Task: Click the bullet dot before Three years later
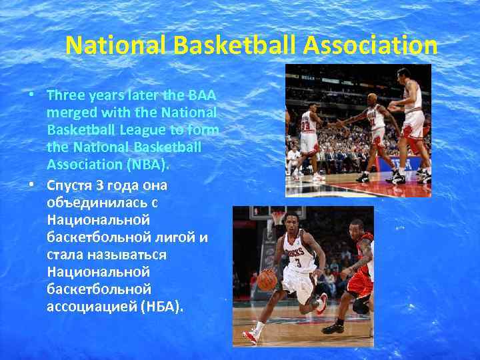tap(31, 95)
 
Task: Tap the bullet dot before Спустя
tap(31, 183)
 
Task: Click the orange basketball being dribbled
tap(267, 281)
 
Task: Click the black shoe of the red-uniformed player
tap(333, 328)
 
